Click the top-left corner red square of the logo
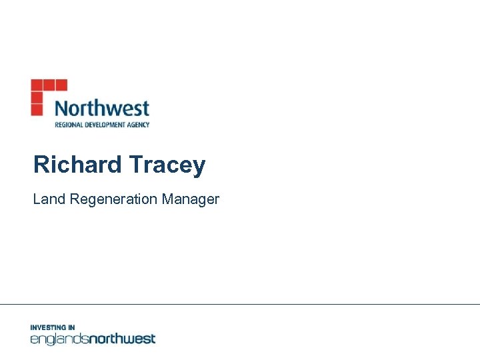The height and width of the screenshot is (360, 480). [36, 85]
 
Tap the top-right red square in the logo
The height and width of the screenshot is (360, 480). [61, 85]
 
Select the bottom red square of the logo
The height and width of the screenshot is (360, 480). [36, 109]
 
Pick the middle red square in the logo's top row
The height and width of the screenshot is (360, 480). [49, 85]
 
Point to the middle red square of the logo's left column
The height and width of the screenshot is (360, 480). [36, 97]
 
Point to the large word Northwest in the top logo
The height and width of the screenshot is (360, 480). [101, 108]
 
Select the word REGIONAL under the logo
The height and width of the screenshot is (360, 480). [67, 124]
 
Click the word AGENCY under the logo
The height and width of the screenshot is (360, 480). [139, 124]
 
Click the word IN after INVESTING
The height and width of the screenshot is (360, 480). [71, 327]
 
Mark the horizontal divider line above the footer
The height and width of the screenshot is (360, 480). [240, 305]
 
